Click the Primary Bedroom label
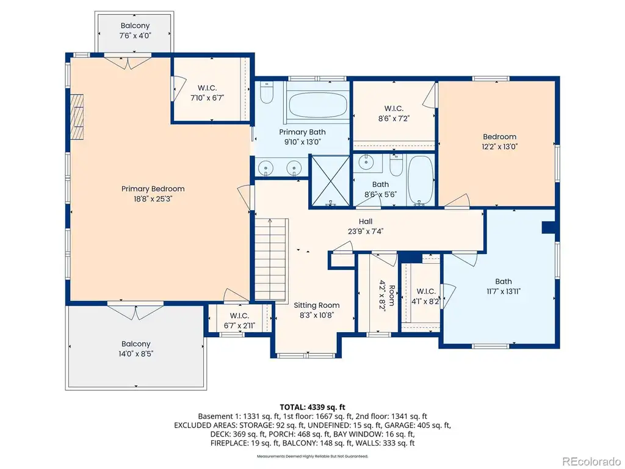(153, 189)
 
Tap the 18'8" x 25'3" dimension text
(153, 198)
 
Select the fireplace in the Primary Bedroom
(77, 117)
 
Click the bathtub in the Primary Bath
(317, 105)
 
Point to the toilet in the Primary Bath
(266, 93)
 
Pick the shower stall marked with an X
(330, 181)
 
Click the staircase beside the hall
(271, 260)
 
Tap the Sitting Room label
(317, 305)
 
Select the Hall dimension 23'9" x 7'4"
(366, 231)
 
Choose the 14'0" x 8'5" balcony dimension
(136, 354)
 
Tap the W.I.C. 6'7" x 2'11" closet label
(239, 321)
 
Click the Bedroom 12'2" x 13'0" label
(499, 142)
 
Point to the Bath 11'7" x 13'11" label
(504, 286)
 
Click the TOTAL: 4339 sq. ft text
(312, 407)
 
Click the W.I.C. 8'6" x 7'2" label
(394, 113)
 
